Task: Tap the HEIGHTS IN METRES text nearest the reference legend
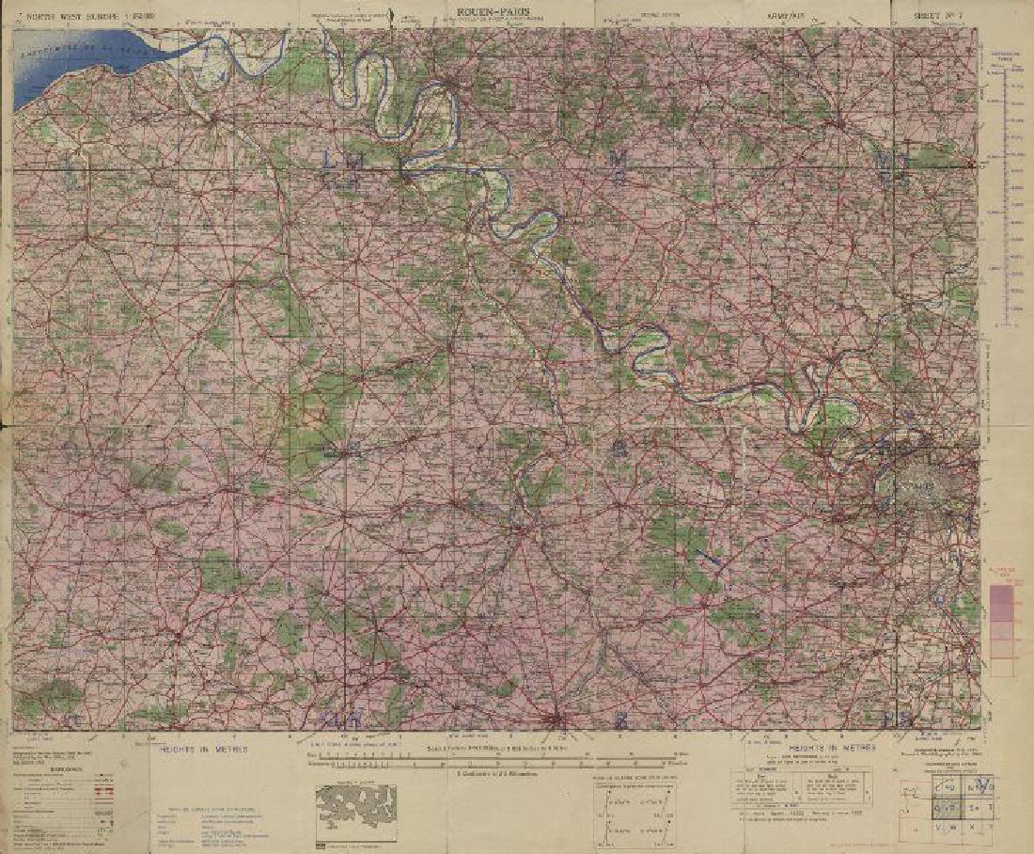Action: [x=203, y=749]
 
